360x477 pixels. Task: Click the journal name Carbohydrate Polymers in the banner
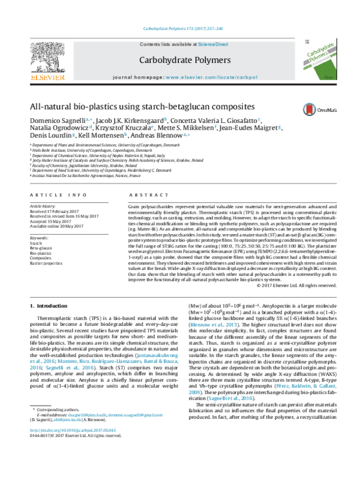(185, 61)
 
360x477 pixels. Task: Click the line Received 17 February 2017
(56, 211)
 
